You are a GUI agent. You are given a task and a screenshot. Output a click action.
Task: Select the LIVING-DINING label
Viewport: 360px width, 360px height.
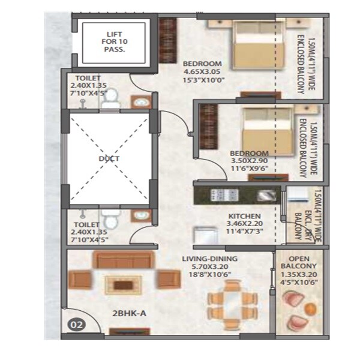[x=210, y=259]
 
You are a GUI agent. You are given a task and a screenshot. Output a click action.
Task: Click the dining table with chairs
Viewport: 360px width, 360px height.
[x=233, y=299]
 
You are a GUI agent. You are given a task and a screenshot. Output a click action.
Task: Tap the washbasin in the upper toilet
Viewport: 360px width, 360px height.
[x=140, y=103]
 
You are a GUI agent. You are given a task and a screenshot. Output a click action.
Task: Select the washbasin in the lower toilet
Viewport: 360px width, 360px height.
[x=140, y=214]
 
